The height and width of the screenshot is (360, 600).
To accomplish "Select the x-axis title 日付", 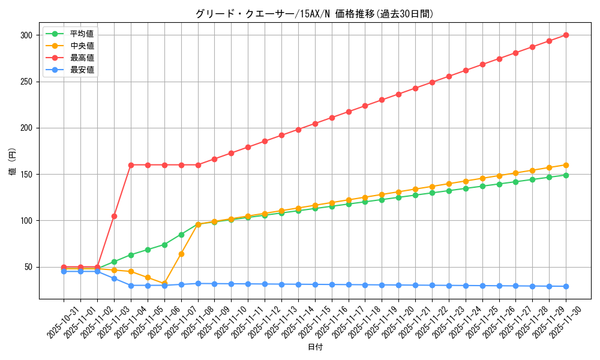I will click(x=315, y=347).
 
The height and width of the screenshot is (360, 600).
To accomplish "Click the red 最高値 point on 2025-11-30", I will click(x=566, y=35).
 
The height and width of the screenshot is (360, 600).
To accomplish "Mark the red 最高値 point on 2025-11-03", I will click(x=114, y=216).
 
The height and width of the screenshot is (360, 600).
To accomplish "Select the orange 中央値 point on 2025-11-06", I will click(x=164, y=284).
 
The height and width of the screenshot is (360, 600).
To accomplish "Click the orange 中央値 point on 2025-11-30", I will click(x=566, y=165).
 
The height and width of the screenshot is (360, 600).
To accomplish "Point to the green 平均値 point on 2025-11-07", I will click(x=181, y=235).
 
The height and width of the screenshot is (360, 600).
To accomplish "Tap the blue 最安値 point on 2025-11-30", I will click(x=566, y=286).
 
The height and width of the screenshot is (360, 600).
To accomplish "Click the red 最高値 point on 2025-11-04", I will click(x=131, y=165).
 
